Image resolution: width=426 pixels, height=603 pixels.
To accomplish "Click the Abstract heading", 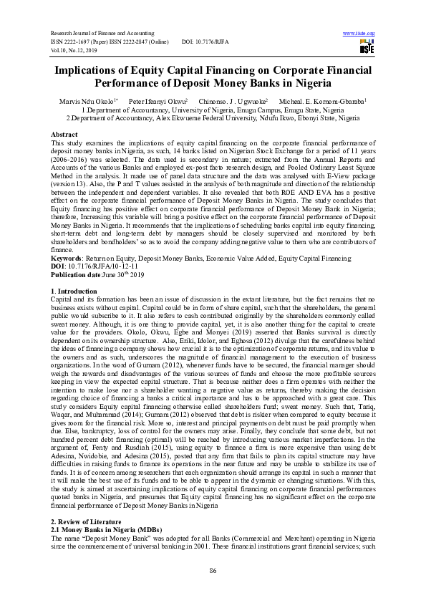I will tap(64, 135).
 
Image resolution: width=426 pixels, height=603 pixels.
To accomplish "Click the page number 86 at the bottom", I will tap(213, 569).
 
